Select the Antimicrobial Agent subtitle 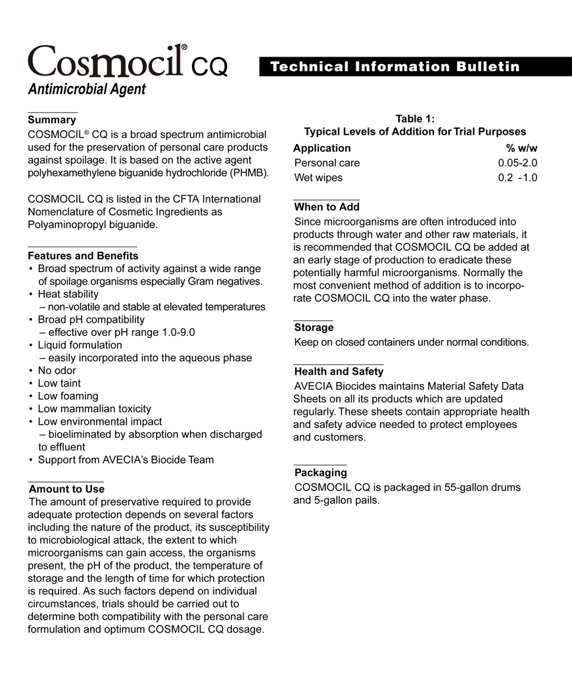click(87, 89)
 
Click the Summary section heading click(52, 120)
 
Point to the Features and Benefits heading click(83, 256)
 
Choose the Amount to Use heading click(66, 489)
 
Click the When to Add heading click(327, 207)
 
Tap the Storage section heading click(314, 327)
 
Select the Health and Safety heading click(339, 371)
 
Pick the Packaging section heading click(320, 473)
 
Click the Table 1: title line click(415, 118)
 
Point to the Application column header click(322, 148)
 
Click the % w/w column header click(521, 148)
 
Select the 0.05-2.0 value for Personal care click(517, 162)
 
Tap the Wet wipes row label click(318, 178)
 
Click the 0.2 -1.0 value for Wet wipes click(517, 178)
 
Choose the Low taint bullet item click(59, 383)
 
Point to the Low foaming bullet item click(68, 396)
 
